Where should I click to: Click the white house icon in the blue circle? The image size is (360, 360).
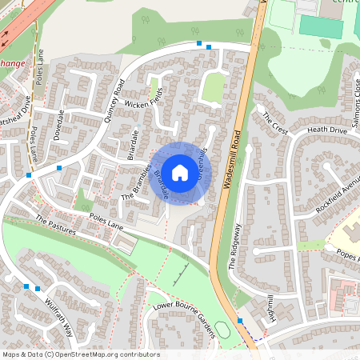click(180, 171)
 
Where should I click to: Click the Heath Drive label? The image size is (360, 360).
click(327, 130)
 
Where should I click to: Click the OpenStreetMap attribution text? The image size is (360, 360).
click(81, 354)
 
